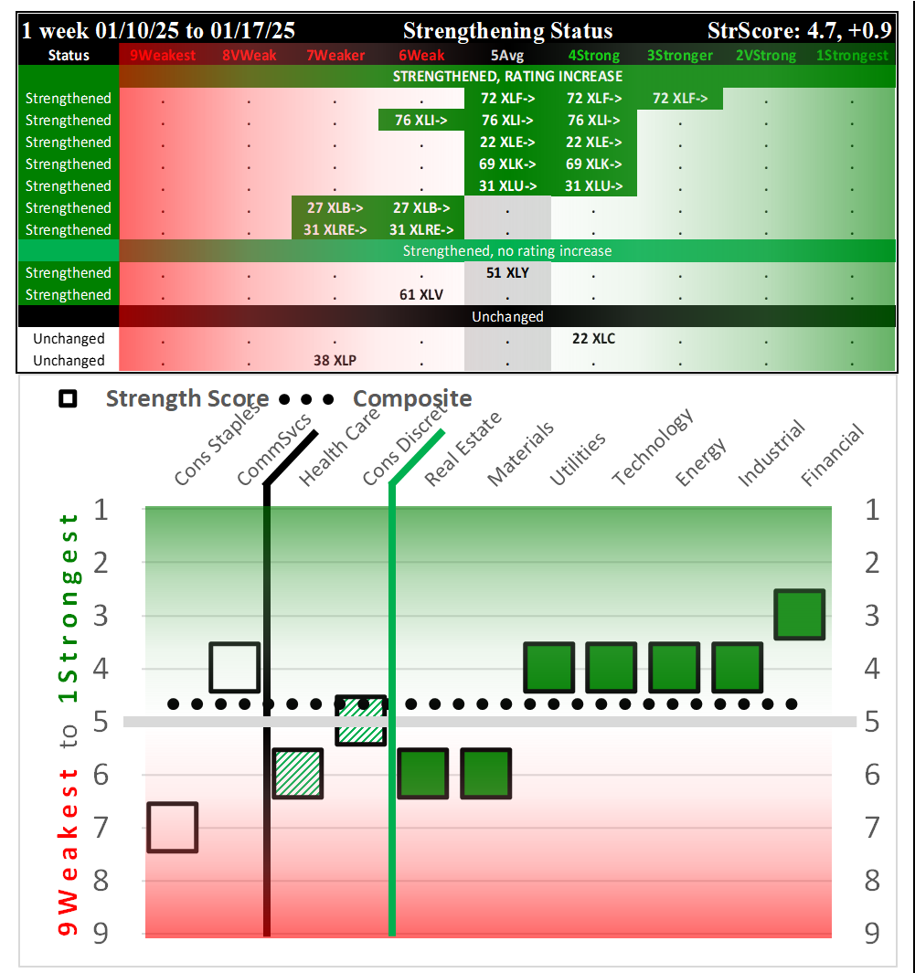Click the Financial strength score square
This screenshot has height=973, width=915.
click(x=800, y=614)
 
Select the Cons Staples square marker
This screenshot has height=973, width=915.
click(x=173, y=827)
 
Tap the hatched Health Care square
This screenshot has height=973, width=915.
click(x=298, y=773)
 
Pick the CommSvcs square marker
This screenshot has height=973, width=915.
click(x=235, y=667)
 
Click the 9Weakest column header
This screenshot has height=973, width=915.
click(x=163, y=56)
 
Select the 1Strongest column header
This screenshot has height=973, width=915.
click(x=851, y=56)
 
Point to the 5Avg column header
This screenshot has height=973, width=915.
click(x=507, y=56)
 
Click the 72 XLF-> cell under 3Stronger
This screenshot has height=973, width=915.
click(x=680, y=99)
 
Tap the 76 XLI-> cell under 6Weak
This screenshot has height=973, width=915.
click(x=421, y=121)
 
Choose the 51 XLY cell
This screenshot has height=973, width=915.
click(x=507, y=273)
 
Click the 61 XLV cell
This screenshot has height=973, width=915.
click(x=421, y=295)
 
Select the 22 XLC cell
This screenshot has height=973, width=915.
click(x=594, y=339)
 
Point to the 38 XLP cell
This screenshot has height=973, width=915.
click(x=335, y=361)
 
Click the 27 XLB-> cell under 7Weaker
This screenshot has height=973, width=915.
click(x=335, y=208)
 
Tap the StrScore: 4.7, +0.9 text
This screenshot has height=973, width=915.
click(x=799, y=30)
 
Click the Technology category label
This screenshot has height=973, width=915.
click(x=653, y=449)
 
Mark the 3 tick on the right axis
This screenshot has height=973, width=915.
click(x=871, y=615)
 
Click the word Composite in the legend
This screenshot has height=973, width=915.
click(x=412, y=399)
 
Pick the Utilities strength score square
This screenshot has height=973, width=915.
click(x=549, y=667)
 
